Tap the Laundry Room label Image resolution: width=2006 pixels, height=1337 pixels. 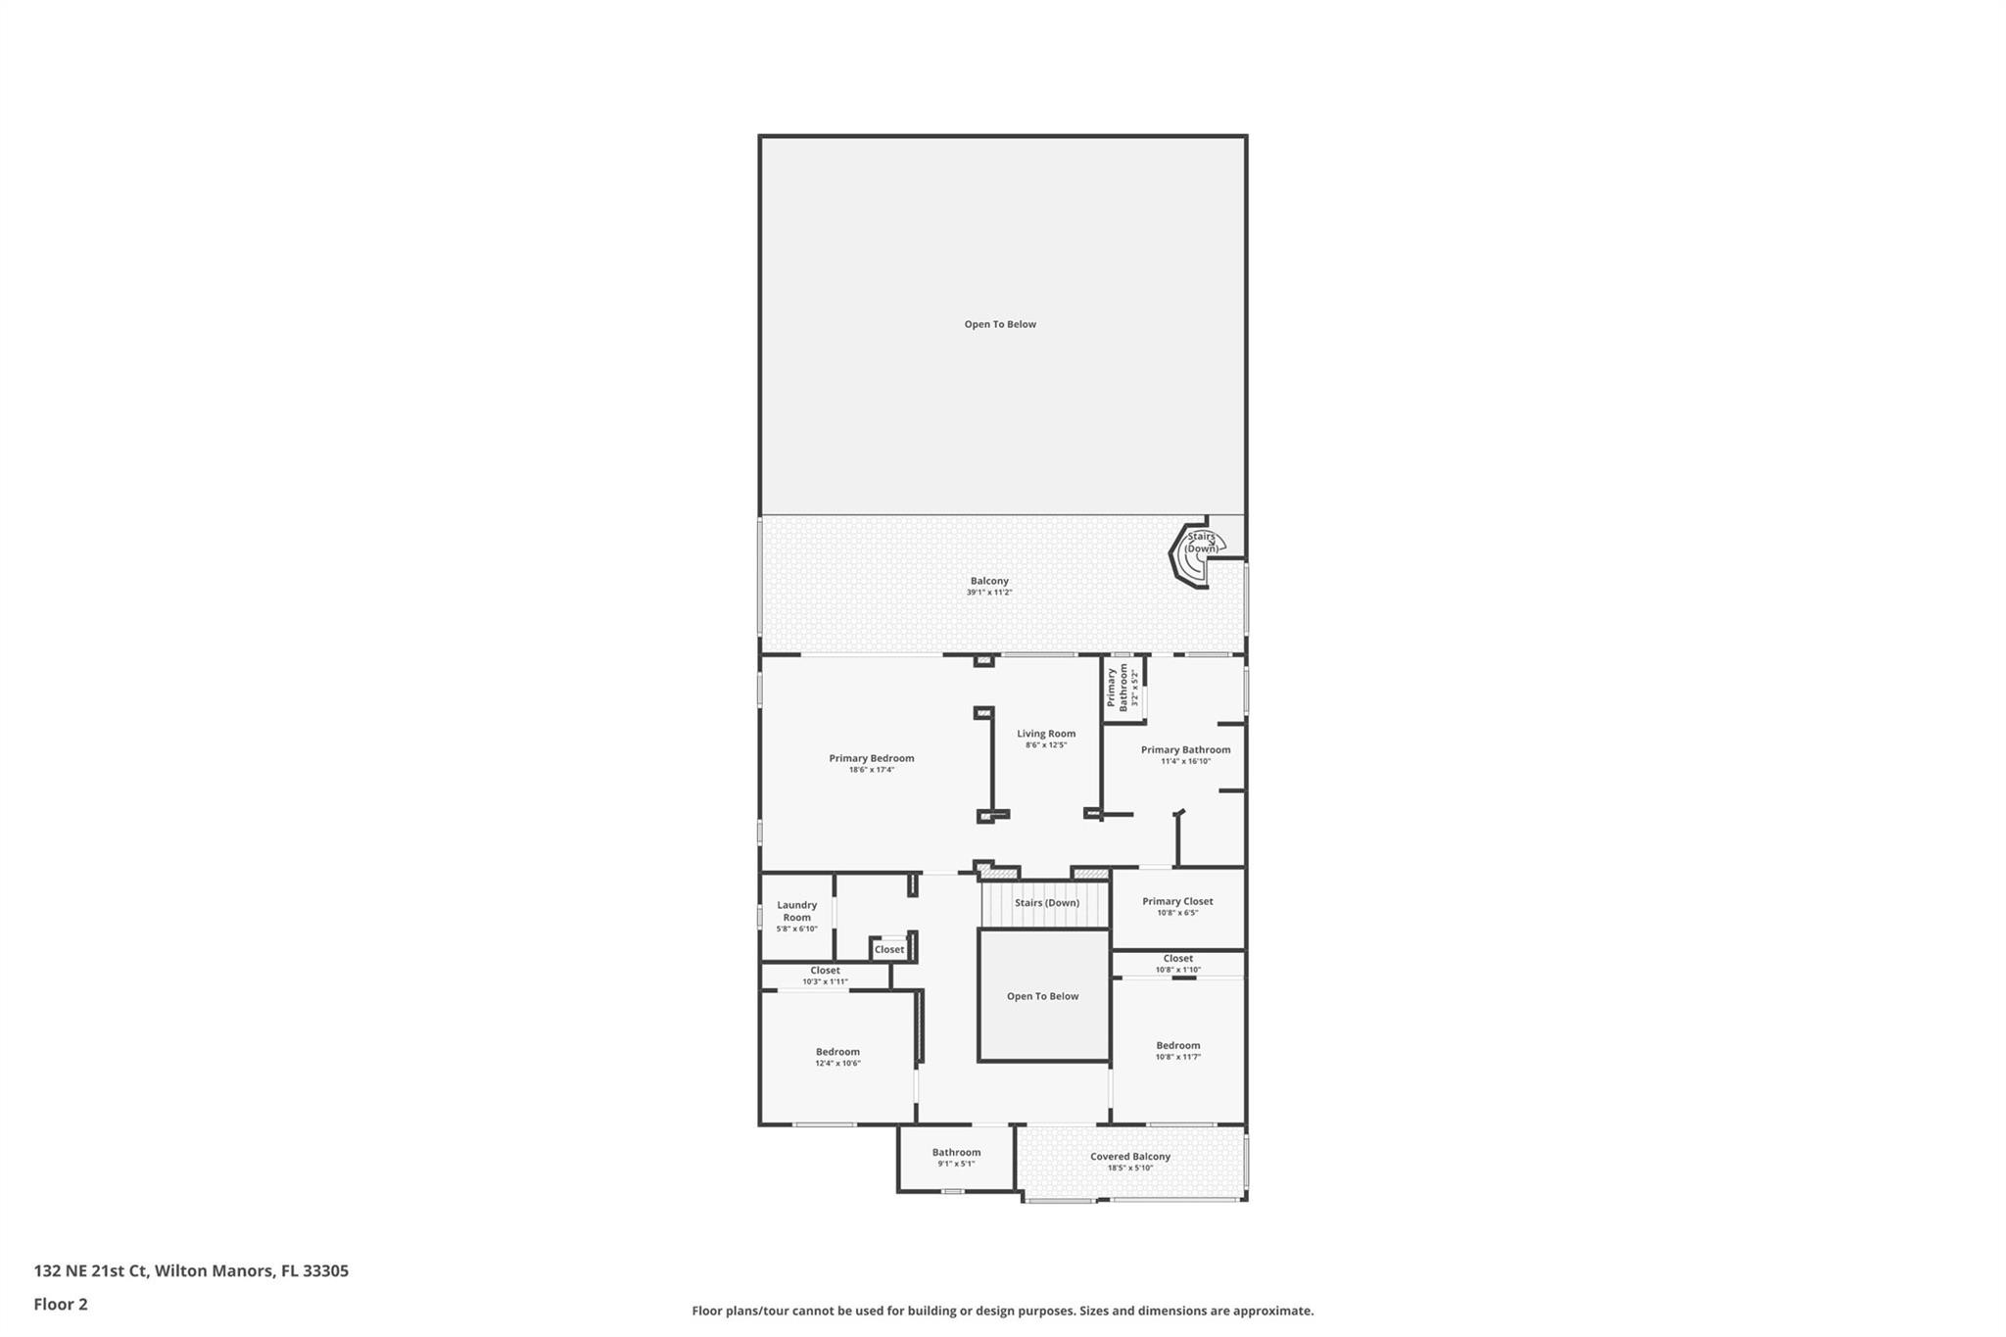coord(796,911)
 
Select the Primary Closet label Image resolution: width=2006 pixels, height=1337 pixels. coord(1177,901)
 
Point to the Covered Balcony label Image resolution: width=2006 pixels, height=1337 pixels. coord(1130,1156)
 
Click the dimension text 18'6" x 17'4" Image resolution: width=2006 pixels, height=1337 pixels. coord(871,770)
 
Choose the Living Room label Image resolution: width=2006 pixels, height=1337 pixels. coord(1046,734)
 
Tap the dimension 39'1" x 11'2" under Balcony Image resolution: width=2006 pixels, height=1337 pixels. coord(989,593)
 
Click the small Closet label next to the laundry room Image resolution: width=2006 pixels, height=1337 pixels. coord(889,949)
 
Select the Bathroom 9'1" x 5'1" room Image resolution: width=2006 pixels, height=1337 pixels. coord(956,1158)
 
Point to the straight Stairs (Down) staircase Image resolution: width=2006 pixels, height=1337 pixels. coord(1046,903)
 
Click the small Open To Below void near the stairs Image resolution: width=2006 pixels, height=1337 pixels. coord(1043,996)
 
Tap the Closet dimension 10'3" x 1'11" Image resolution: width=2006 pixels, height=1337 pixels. coord(825,981)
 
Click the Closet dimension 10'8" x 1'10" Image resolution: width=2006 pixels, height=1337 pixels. coord(1177,970)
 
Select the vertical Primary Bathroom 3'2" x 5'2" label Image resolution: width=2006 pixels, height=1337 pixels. coord(1122,688)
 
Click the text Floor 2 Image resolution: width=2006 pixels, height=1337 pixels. coord(61,1304)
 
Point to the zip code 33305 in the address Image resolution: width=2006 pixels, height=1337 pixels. coord(325,1271)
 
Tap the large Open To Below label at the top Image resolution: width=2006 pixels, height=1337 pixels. coord(1000,324)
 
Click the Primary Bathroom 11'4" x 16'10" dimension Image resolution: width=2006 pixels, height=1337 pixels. coord(1185,761)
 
